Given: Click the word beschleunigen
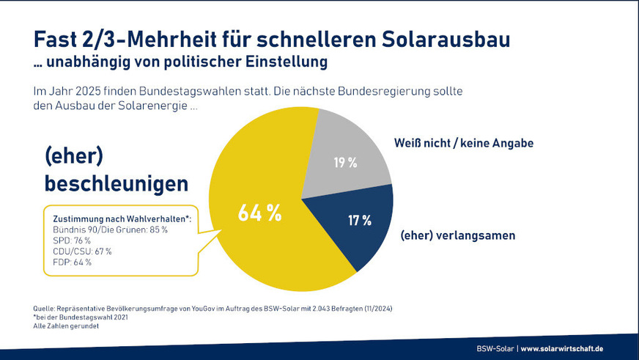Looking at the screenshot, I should click(x=116, y=183).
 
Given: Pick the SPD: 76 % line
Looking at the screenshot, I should click(x=72, y=240).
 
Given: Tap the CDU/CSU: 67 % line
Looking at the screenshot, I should click(x=82, y=251).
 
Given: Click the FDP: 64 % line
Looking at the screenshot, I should click(x=72, y=262).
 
